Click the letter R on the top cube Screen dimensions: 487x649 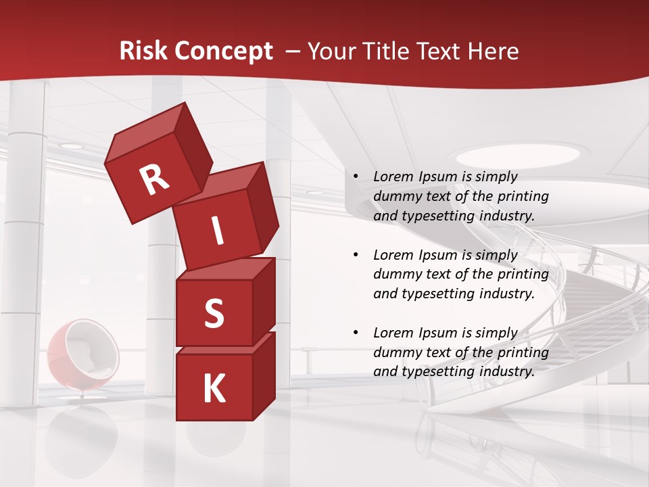(154, 180)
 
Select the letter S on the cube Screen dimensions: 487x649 (214, 313)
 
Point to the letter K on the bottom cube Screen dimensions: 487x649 (214, 389)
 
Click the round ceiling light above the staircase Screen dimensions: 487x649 (513, 154)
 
